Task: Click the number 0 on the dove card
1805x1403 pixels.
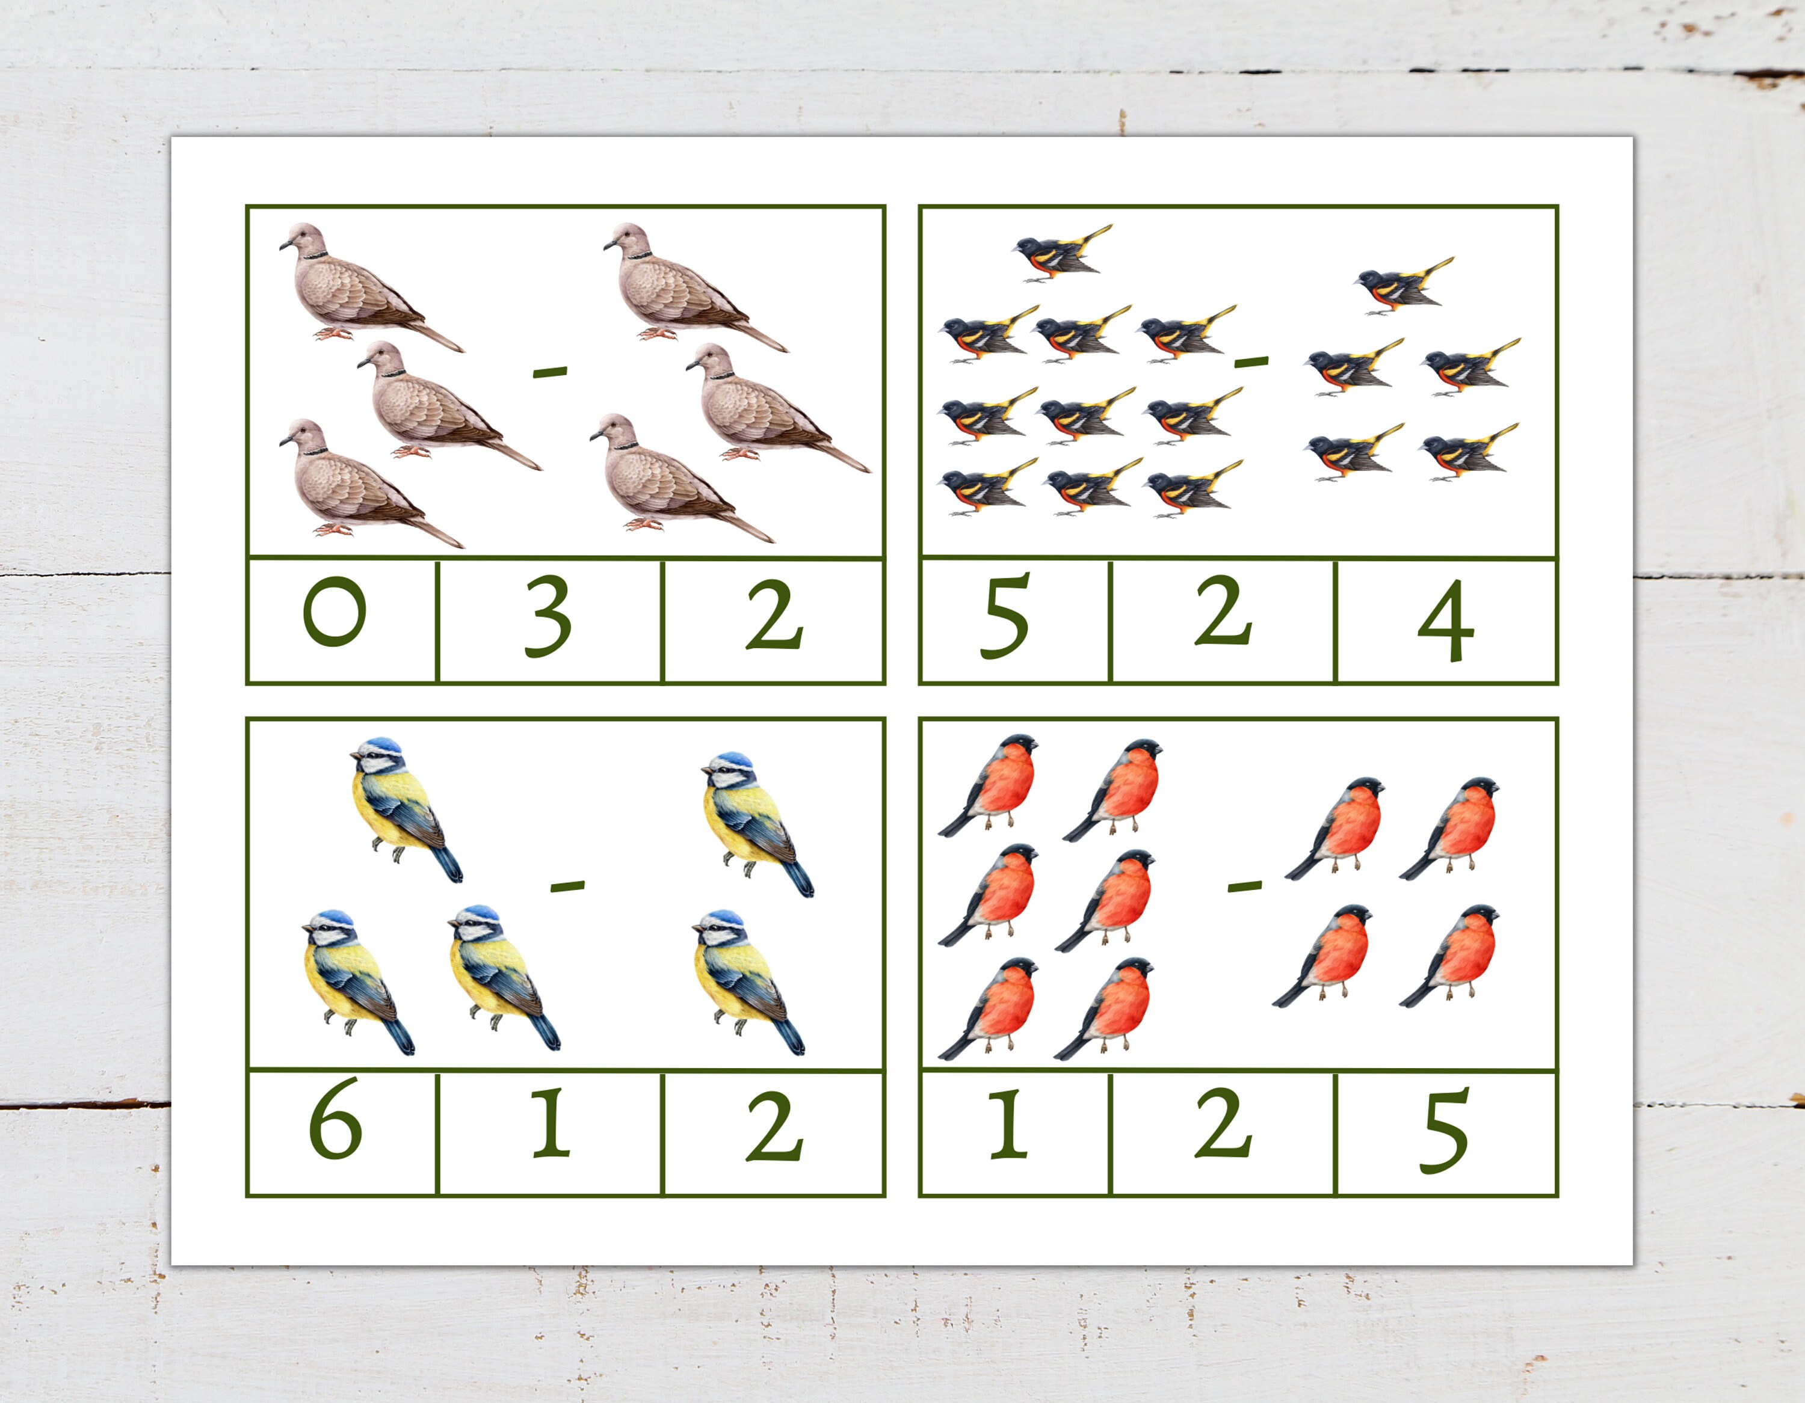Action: [x=334, y=612]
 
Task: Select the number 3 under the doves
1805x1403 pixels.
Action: [x=548, y=617]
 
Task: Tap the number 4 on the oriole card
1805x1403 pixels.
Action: [x=1445, y=621]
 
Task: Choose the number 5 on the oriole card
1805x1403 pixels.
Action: [x=1004, y=617]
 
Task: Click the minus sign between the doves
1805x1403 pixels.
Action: [x=549, y=373]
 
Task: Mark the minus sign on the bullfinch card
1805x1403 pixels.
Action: [x=1245, y=886]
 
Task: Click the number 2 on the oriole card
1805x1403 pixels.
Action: [x=1223, y=612]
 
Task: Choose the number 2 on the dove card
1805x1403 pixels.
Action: [x=774, y=616]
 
